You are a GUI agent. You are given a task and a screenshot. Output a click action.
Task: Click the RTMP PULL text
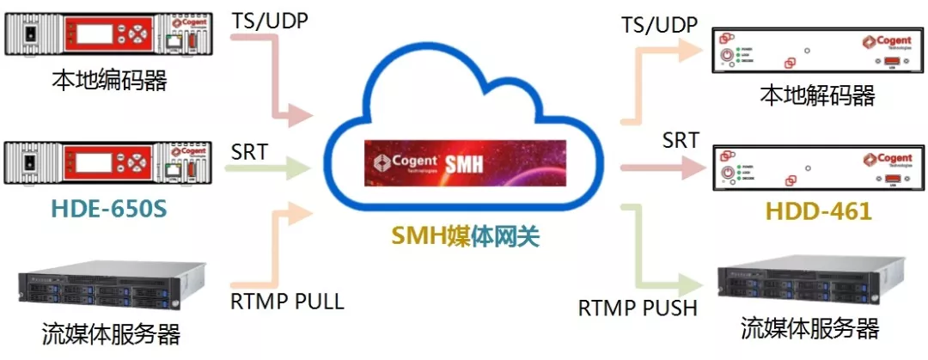point(287,302)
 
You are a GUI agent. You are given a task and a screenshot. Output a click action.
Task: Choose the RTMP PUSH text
point(638,308)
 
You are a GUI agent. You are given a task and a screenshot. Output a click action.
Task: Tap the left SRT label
point(249,152)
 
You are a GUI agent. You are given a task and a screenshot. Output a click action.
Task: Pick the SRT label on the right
point(681,140)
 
